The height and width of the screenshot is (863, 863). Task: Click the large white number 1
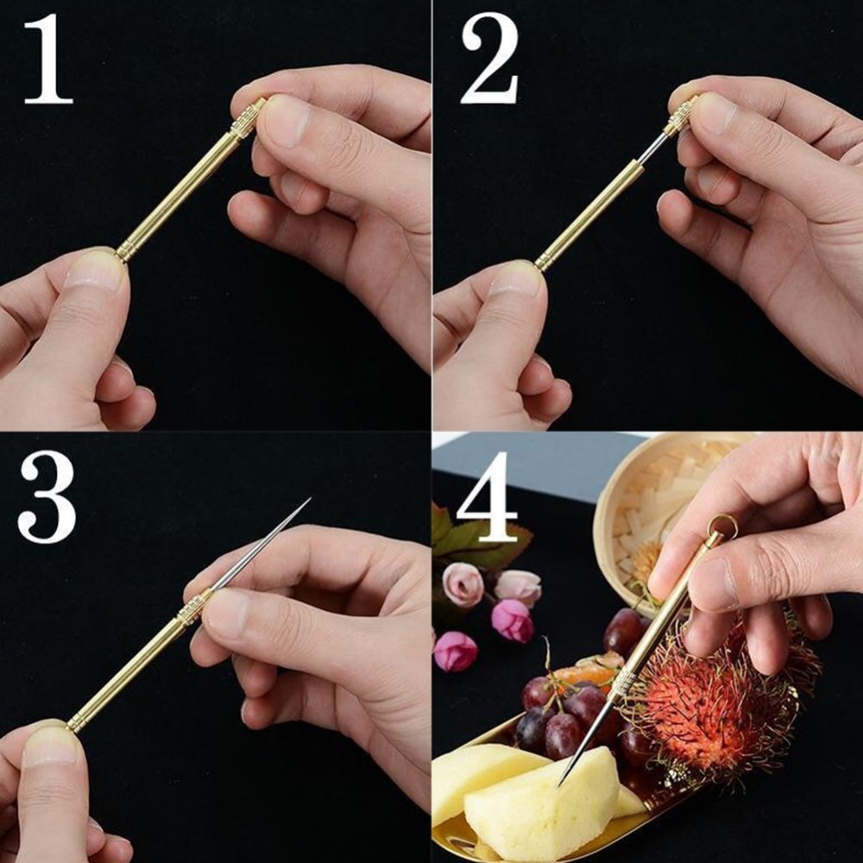(x=48, y=59)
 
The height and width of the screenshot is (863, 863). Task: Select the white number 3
(x=47, y=496)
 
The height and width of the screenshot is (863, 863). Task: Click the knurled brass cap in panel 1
(x=248, y=117)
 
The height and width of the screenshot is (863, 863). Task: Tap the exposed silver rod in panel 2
(x=652, y=148)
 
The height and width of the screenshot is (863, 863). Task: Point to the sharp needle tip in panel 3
(x=309, y=499)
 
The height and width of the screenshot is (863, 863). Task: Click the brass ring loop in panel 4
(x=722, y=526)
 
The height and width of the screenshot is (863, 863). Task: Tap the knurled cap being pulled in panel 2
(x=682, y=115)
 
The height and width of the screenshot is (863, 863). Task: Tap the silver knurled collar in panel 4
(x=623, y=682)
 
